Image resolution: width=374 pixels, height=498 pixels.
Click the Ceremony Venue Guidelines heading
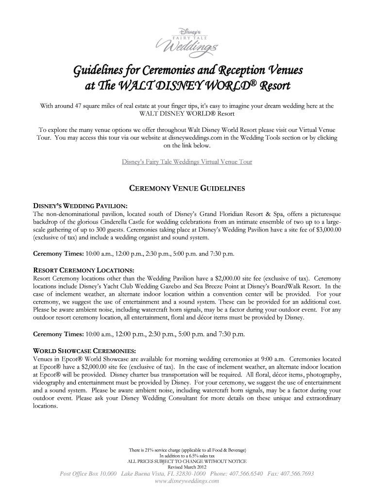187,188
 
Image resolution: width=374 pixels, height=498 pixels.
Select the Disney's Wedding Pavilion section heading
80,206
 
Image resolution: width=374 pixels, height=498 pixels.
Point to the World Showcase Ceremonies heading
84,350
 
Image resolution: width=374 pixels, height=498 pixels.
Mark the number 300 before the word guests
131,230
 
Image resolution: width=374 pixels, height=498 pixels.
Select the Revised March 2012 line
187,467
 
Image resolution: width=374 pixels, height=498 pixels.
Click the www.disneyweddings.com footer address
187,481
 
